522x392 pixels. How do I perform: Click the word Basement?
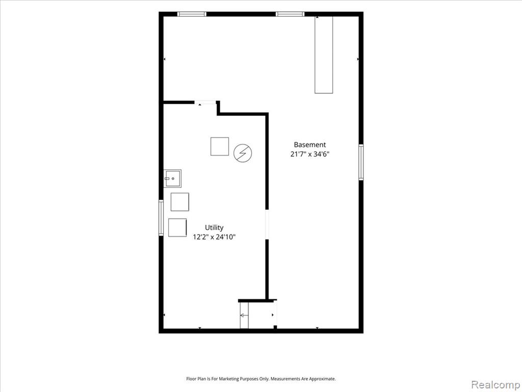[x=309, y=144]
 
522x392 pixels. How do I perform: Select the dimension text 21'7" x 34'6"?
[x=309, y=154]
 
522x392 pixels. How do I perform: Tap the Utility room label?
[x=214, y=228]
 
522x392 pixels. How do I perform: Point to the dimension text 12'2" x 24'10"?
[x=214, y=237]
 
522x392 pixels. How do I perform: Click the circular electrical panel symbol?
[x=243, y=153]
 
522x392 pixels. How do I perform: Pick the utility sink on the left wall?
[x=172, y=178]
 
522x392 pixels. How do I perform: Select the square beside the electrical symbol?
[x=220, y=146]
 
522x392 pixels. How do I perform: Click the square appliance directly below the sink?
[x=180, y=202]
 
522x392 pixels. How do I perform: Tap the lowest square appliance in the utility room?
[x=177, y=228]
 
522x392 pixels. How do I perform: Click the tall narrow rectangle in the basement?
[x=324, y=54]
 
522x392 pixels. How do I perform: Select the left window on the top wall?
[x=192, y=14]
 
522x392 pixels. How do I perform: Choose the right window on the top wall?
[x=290, y=14]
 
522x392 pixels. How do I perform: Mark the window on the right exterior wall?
[x=361, y=162]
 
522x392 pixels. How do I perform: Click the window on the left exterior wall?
[x=161, y=217]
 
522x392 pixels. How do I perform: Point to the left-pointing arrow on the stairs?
[x=244, y=315]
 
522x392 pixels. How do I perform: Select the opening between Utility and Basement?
[x=267, y=225]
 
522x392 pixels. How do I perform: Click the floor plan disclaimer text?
[x=261, y=379]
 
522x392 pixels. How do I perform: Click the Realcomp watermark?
[x=495, y=384]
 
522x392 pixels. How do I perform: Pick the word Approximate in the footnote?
[x=322, y=379]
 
